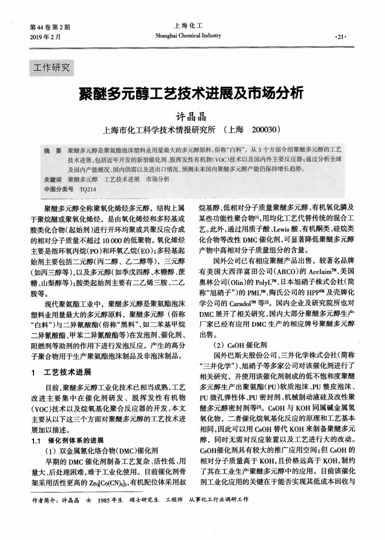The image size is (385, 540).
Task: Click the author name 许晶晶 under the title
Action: (192, 115)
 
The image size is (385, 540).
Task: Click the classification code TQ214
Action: (88, 189)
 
